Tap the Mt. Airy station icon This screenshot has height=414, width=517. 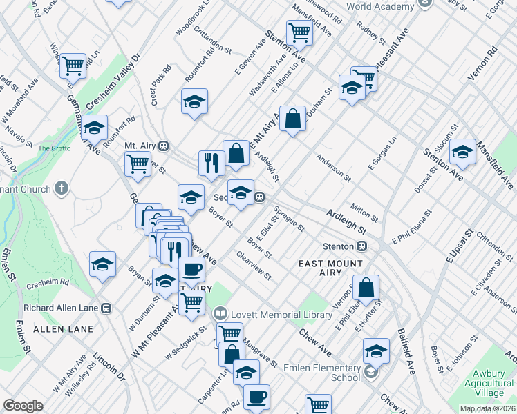(x=164, y=146)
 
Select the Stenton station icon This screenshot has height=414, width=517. (x=361, y=246)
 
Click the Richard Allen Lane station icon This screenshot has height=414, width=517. (x=106, y=308)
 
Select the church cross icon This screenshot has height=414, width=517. (x=62, y=188)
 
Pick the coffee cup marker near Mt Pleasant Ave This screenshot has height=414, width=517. (x=191, y=268)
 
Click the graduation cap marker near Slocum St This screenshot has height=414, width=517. (x=462, y=152)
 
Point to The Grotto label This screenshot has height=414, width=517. (x=54, y=148)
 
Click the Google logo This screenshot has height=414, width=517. (x=23, y=406)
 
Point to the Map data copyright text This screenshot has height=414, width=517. (x=487, y=408)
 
